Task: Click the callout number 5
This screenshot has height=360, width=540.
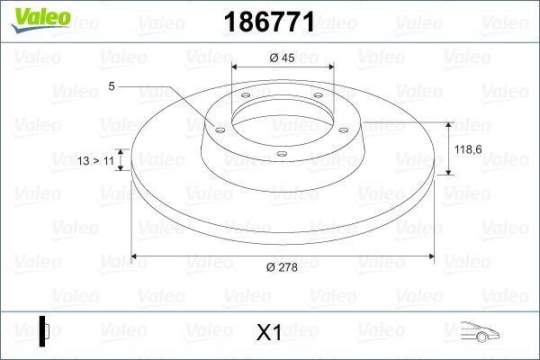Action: (x=112, y=86)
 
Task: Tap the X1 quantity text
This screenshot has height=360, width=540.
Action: (x=269, y=333)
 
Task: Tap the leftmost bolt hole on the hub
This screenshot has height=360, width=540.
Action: (x=218, y=130)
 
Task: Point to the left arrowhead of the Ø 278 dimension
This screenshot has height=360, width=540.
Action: (x=136, y=257)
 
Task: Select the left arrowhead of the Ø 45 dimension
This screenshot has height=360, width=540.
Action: (x=236, y=68)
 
